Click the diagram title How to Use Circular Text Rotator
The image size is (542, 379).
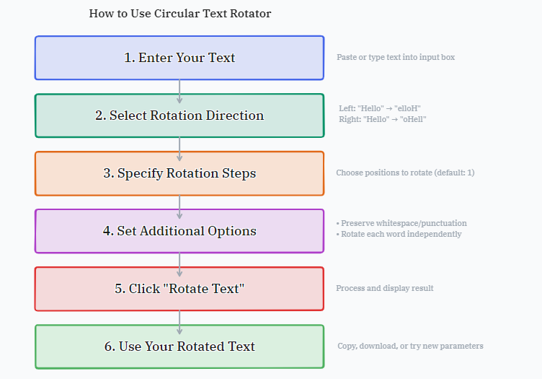(179, 14)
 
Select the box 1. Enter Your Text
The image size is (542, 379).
(179, 58)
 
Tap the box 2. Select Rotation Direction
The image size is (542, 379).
(179, 116)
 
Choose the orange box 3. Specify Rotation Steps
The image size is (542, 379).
(179, 173)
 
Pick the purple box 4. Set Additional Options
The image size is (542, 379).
(179, 231)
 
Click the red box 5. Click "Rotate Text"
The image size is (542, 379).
(179, 289)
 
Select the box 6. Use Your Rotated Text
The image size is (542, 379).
(179, 347)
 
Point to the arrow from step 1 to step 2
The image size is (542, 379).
(179, 92)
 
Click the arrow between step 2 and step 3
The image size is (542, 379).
(179, 149)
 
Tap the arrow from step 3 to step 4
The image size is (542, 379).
(179, 207)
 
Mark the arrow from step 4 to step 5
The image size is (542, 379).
(179, 265)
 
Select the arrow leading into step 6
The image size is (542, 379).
(179, 323)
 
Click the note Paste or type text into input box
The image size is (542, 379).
(396, 57)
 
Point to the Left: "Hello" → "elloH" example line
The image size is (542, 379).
(380, 108)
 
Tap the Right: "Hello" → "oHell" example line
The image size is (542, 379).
(382, 119)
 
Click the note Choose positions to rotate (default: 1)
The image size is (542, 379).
(405, 173)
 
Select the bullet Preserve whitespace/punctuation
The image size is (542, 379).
(401, 223)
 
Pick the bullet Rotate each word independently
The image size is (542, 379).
(399, 235)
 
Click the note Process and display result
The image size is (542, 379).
(385, 288)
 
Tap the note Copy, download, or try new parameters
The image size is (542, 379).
(410, 346)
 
